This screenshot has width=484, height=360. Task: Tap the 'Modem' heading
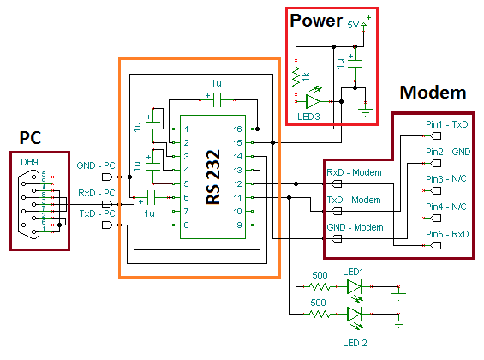(x=433, y=93)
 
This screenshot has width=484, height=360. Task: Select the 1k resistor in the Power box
(x=298, y=80)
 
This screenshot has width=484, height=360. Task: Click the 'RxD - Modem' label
(x=353, y=171)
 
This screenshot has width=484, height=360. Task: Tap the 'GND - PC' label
(x=96, y=165)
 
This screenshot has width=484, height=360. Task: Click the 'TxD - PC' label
(x=96, y=213)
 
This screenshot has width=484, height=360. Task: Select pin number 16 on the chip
(x=237, y=129)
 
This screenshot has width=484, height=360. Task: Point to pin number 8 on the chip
(x=186, y=225)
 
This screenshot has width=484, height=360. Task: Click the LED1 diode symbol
(x=355, y=289)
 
